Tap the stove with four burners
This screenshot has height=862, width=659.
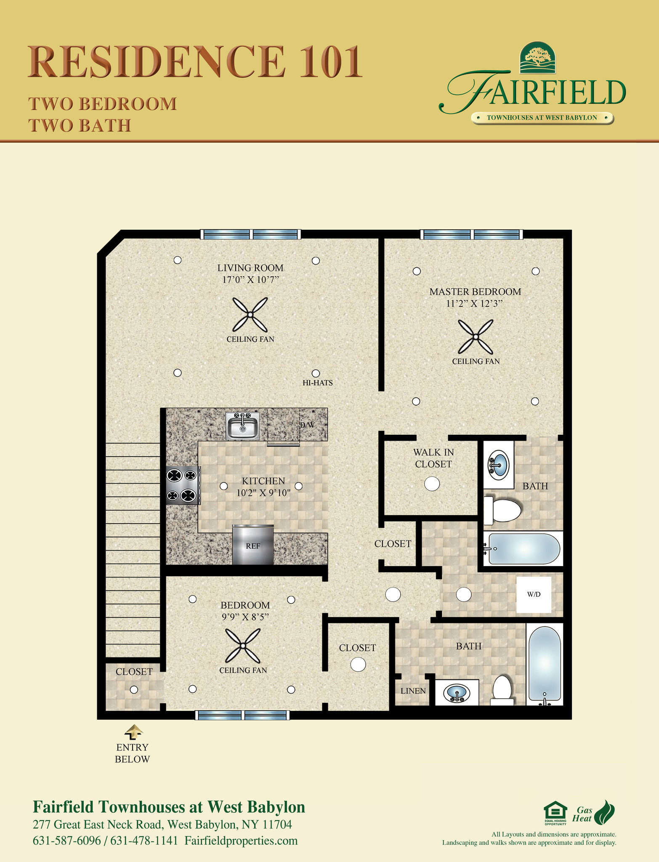tap(182, 485)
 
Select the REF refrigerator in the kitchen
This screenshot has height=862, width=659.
tap(253, 545)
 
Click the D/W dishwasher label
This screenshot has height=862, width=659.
tap(307, 425)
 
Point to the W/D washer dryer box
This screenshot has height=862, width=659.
tap(534, 594)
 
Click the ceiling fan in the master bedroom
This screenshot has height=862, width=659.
tap(476, 336)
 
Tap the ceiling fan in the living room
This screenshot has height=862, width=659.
tap(250, 314)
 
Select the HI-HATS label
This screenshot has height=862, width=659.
tap(318, 383)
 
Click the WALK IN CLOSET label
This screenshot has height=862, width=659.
tap(433, 458)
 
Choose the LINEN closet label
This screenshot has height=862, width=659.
tap(413, 691)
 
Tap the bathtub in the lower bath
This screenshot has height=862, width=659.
tap(545, 665)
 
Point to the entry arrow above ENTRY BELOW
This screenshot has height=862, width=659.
tap(133, 732)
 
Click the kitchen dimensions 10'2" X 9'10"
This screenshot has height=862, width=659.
tap(263, 493)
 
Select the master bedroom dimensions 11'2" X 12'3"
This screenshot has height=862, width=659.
tap(475, 303)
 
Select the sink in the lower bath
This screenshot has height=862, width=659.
tap(457, 692)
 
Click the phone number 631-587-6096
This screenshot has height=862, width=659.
tap(67, 841)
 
